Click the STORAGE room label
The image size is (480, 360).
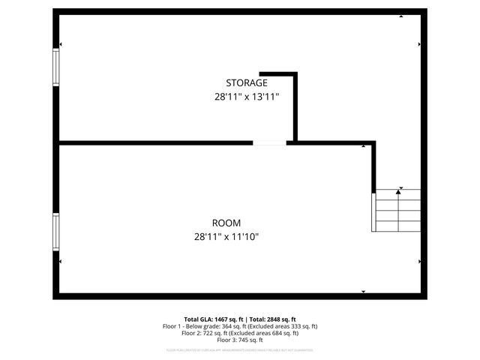tap(246, 82)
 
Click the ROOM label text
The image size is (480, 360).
tap(226, 223)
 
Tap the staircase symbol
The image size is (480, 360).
tap(397, 211)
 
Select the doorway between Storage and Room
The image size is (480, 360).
tap(269, 142)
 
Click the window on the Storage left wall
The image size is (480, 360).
tap(55, 67)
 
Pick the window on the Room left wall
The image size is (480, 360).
tap(55, 231)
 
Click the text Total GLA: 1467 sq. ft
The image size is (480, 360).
tap(212, 319)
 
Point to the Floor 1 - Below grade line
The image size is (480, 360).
tap(240, 326)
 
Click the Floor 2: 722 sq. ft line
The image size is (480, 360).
tap(240, 334)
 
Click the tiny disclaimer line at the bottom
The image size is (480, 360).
tap(240, 350)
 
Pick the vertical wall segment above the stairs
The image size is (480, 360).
tap(373, 165)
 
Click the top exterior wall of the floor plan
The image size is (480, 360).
tap(240, 12)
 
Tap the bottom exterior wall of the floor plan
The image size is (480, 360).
tap(240, 296)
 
